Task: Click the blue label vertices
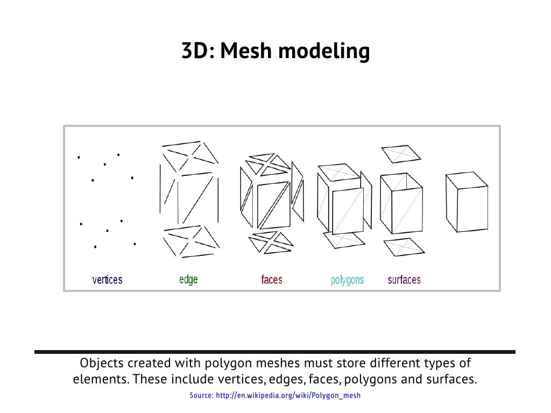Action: (108, 280)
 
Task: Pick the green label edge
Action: (188, 280)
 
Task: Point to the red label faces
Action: (272, 280)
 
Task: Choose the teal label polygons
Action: (347, 280)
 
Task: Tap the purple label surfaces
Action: (404, 280)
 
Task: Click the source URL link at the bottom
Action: (288, 396)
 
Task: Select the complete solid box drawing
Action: (466, 202)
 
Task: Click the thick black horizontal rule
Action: (275, 352)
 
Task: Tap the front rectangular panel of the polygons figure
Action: (351, 210)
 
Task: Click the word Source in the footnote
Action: (201, 396)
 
